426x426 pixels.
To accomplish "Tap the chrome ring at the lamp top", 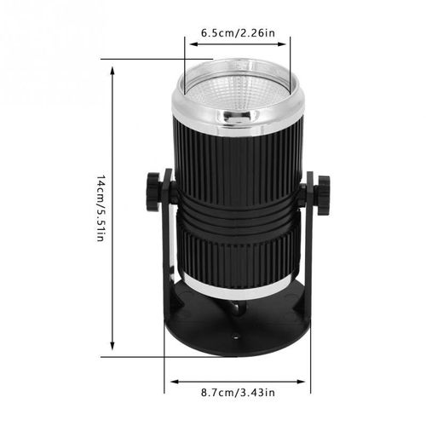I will tap(238, 108).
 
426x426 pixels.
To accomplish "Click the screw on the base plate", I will tap(238, 313).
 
